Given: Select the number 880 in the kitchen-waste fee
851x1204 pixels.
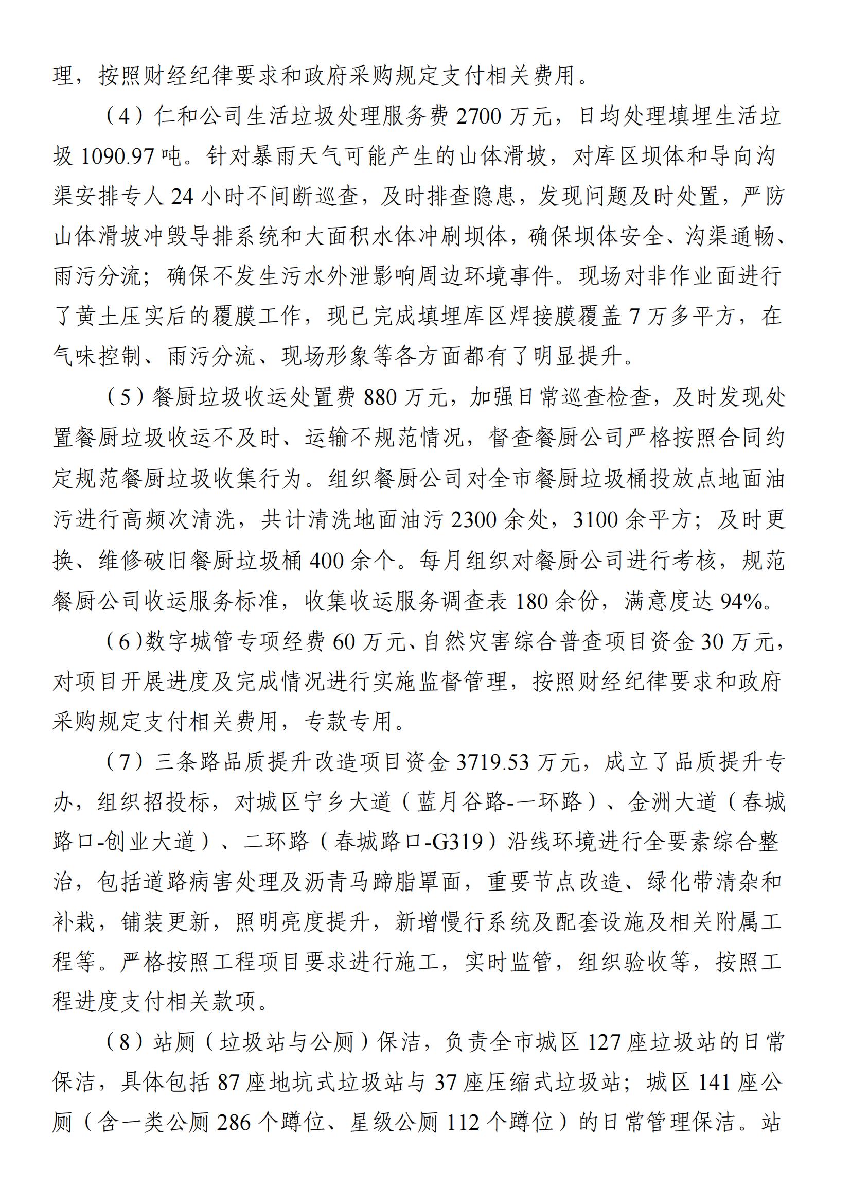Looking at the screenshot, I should pos(382,398).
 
